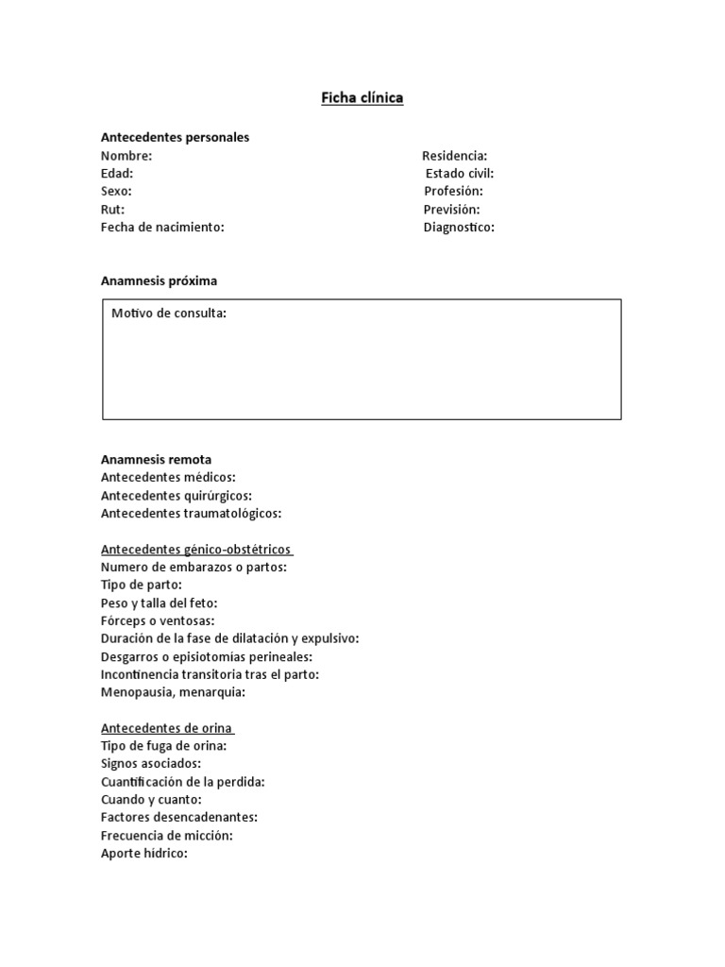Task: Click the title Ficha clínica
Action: (x=362, y=97)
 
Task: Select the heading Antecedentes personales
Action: (x=175, y=137)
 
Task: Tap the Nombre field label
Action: (x=126, y=156)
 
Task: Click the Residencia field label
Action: (x=454, y=156)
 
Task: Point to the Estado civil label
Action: (x=459, y=174)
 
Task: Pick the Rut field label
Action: (x=112, y=210)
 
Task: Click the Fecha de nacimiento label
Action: (x=162, y=228)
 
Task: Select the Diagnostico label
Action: (x=459, y=228)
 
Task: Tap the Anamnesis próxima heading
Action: (x=159, y=280)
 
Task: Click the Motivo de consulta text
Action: (x=169, y=314)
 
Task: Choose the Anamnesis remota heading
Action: (x=156, y=460)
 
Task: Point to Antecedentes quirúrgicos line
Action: (x=176, y=496)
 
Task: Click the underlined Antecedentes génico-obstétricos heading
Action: (x=196, y=550)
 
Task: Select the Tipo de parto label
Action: (x=142, y=585)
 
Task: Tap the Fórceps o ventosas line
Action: (x=158, y=621)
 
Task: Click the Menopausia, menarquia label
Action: (x=173, y=692)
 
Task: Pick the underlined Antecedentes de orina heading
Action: (x=167, y=728)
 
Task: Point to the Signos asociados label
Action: (x=150, y=764)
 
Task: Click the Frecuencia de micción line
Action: (x=166, y=836)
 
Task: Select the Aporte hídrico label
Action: (x=144, y=854)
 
